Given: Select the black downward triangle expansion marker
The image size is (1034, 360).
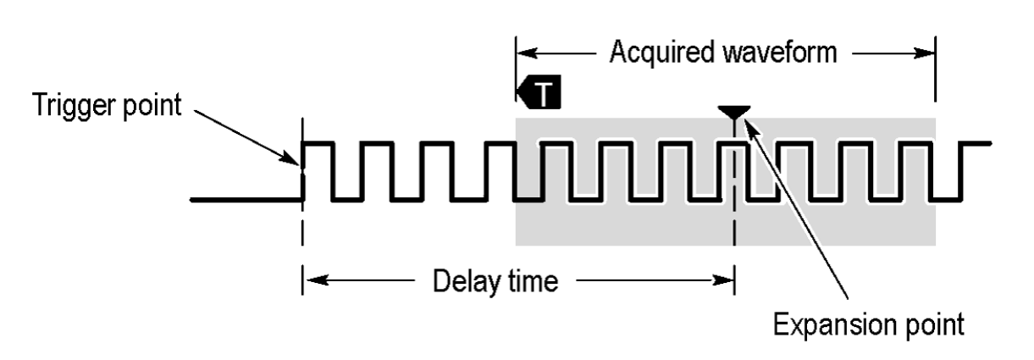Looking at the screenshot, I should pos(733,112).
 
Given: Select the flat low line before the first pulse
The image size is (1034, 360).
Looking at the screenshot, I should pos(246,201).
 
